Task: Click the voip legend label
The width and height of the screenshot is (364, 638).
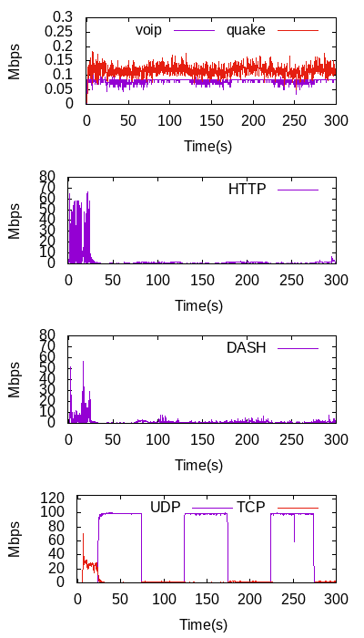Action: click(x=148, y=30)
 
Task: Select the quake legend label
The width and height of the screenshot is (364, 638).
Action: click(x=246, y=30)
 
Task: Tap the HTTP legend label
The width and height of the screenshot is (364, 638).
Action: click(x=247, y=190)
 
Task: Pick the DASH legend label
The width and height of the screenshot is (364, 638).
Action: click(x=247, y=348)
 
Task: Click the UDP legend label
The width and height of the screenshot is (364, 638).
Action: click(x=166, y=508)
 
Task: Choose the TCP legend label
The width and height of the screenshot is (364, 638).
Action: click(x=249, y=508)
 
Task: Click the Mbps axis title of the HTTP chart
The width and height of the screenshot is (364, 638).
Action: click(x=14, y=221)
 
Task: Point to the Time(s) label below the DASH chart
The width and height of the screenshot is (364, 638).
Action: click(x=199, y=464)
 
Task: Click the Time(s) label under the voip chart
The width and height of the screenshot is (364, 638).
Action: click(x=208, y=146)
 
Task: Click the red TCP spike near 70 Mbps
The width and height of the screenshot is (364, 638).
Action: click(x=84, y=533)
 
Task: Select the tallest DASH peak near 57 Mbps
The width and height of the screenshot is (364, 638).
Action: click(x=84, y=361)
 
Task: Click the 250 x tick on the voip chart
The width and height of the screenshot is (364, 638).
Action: click(x=295, y=121)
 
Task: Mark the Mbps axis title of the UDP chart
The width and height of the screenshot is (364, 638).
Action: click(x=14, y=540)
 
